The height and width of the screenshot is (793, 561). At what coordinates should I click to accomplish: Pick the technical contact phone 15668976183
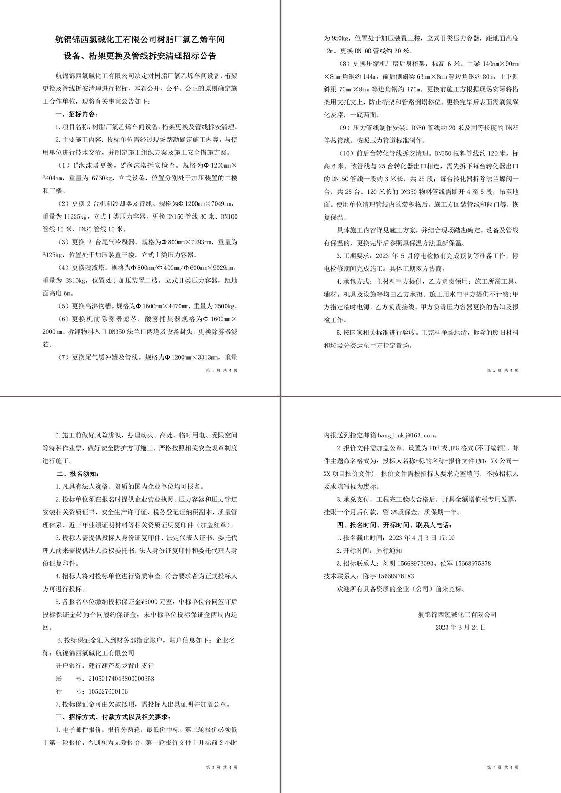(396, 576)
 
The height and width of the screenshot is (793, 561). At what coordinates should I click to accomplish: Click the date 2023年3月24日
(461, 627)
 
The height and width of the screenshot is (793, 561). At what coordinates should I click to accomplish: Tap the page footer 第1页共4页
(222, 370)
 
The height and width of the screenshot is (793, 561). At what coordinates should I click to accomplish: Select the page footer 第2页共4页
(503, 370)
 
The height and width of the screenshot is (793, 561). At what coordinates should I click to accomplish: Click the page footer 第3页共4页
(222, 768)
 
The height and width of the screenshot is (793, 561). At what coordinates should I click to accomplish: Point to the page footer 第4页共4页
(503, 768)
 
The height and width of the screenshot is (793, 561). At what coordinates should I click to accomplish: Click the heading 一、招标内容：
(77, 114)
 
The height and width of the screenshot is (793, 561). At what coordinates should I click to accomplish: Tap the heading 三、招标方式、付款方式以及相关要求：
(113, 717)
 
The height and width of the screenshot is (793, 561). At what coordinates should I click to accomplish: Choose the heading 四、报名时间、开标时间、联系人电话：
(394, 525)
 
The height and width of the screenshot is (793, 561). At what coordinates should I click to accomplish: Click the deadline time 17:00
(447, 538)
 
